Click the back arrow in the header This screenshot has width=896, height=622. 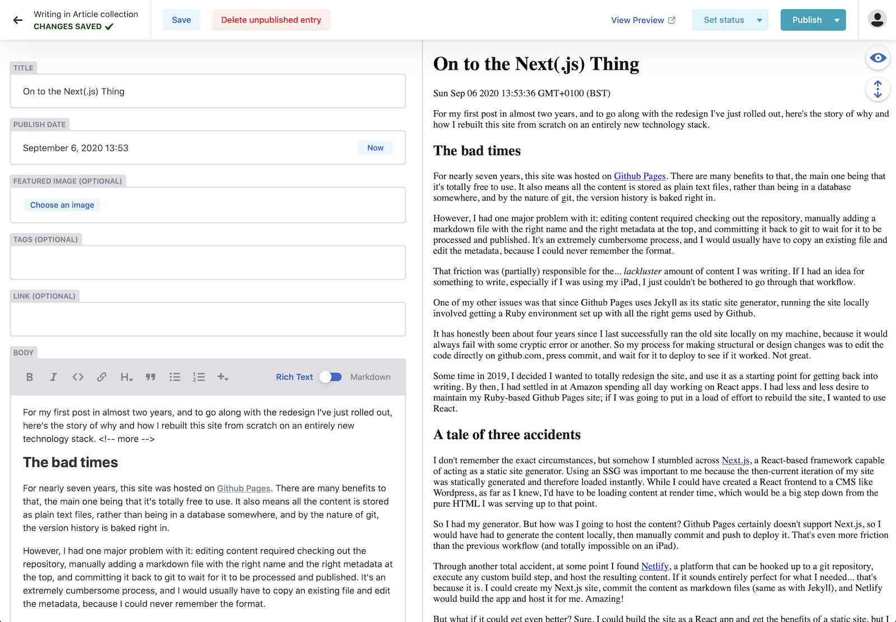pos(18,20)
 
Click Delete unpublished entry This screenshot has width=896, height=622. pos(271,20)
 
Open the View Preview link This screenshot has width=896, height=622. pos(643,20)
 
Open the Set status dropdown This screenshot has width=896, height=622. pos(730,20)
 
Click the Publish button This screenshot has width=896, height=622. pos(806,20)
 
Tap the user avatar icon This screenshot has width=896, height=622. pos(877,20)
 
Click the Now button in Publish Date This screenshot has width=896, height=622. pos(375,148)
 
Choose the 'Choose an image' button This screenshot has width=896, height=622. pos(62,205)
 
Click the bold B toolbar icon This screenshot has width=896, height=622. pos(30,377)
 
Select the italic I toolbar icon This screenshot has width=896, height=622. pos(54,377)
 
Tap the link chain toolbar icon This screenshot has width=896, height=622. pos(101,377)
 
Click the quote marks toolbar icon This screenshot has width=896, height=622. pos(151,377)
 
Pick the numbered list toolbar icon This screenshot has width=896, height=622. pos(199,377)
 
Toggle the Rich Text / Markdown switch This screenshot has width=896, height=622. pos(331,377)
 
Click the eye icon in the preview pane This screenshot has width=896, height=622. pos(878,58)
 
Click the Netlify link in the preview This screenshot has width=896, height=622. pos(655,566)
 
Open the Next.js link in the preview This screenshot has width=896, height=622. pos(735,460)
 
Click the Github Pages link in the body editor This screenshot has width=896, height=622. pos(244,488)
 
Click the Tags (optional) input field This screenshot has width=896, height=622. pos(208,263)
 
